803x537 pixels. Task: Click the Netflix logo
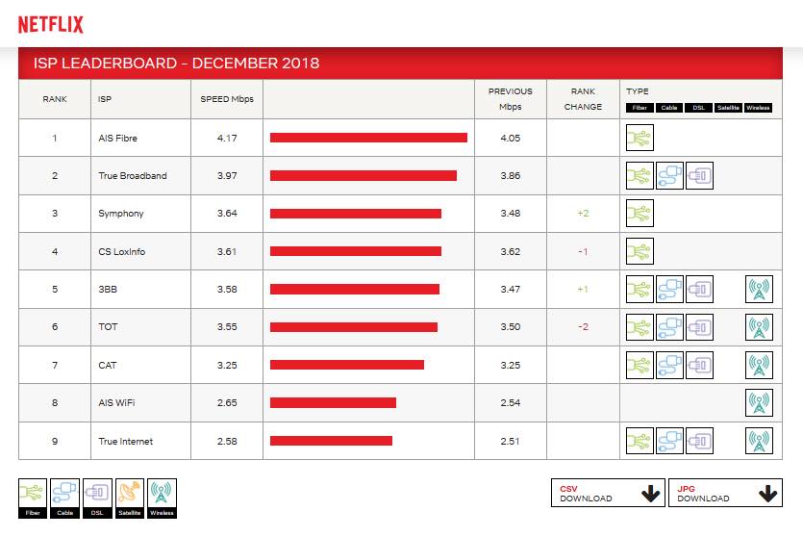pos(51,24)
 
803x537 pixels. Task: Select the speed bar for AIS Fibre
pos(368,138)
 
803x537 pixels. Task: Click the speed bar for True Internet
pos(331,441)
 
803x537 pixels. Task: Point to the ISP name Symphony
pos(121,213)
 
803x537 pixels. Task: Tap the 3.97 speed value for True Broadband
pos(227,175)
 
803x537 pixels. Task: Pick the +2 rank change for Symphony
pos(584,213)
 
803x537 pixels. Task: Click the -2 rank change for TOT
pos(584,326)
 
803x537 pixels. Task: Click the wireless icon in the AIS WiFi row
pos(759,402)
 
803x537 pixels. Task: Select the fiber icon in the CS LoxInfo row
pos(640,251)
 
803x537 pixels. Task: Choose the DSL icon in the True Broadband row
pos(699,176)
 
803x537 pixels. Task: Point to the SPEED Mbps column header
pos(227,99)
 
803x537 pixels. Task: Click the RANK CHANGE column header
pos(584,99)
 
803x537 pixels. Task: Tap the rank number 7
pos(55,365)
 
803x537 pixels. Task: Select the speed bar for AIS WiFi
pos(333,402)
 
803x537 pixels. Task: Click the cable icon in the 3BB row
pos(669,289)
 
